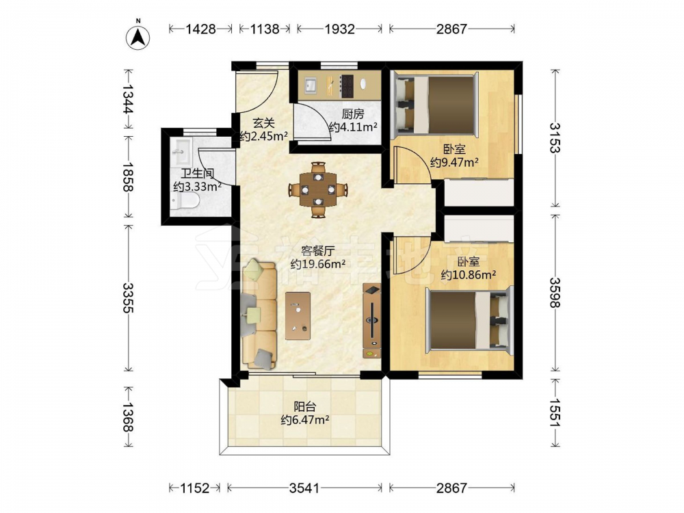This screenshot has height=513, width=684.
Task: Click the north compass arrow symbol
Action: click(138, 38)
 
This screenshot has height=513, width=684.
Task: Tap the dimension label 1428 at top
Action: click(200, 29)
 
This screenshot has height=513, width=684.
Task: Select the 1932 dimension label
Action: click(340, 29)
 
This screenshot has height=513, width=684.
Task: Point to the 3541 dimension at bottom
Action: click(304, 488)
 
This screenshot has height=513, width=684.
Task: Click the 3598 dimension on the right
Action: click(555, 292)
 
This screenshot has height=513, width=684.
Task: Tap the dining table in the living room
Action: click(318, 189)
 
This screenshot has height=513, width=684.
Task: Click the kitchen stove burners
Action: click(347, 86)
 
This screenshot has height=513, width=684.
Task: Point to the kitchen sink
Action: click(310, 85)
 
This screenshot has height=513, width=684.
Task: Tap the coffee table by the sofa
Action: click(298, 316)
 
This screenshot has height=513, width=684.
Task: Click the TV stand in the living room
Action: click(371, 321)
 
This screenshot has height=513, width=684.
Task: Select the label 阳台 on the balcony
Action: click(304, 407)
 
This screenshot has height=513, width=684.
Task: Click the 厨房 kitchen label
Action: click(352, 114)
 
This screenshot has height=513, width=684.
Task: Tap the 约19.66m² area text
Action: click(318, 264)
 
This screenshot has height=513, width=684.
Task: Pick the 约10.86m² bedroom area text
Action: click(468, 275)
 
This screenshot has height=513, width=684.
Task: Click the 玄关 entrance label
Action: click(263, 122)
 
